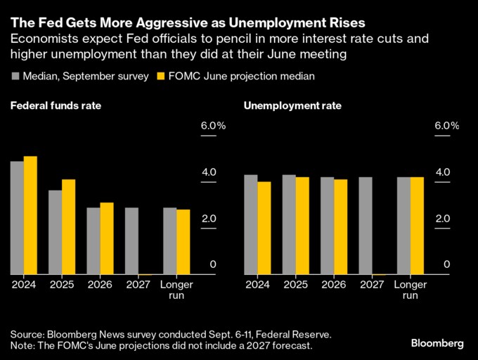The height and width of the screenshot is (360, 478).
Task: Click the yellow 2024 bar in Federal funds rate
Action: pyautogui.click(x=30, y=215)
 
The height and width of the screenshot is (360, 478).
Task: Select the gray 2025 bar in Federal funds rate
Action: pyautogui.click(x=55, y=232)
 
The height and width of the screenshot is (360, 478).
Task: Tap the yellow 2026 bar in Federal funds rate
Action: pyautogui.click(x=107, y=238)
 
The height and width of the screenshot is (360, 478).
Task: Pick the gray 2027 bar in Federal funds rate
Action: pyautogui.click(x=131, y=240)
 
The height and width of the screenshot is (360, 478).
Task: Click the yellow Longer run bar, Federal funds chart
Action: pyautogui.click(x=183, y=242)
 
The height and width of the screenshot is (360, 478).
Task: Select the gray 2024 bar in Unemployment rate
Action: pyautogui.click(x=251, y=224)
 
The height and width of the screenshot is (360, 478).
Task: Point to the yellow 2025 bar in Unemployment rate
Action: pyautogui.click(x=302, y=226)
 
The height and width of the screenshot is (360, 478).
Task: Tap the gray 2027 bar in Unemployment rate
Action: pyautogui.click(x=366, y=226)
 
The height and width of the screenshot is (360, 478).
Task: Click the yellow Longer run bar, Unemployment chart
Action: pyautogui.click(x=417, y=226)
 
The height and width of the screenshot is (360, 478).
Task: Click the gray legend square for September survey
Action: pyautogui.click(x=14, y=76)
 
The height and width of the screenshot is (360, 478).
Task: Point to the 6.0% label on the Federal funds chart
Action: pyautogui.click(x=214, y=126)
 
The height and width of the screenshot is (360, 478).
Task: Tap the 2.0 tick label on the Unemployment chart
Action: pyautogui.click(x=442, y=219)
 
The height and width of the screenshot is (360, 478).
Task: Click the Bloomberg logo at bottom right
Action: pyautogui.click(x=437, y=343)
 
